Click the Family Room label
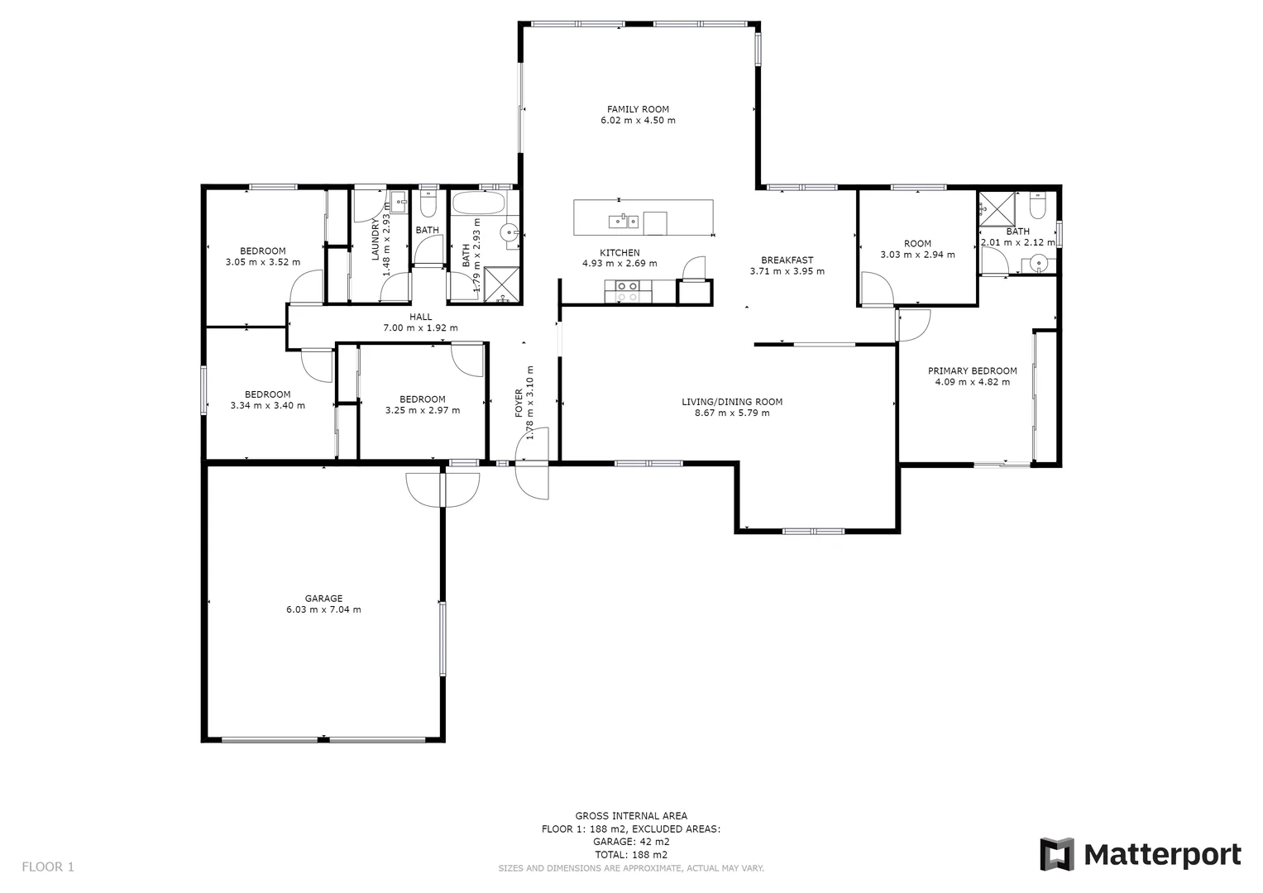[x=638, y=109]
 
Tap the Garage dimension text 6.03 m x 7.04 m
[x=323, y=610]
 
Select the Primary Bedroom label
[x=972, y=371]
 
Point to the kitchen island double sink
[x=623, y=221]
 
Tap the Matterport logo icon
[x=1056, y=854]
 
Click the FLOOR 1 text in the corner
[x=48, y=867]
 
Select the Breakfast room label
[x=787, y=260]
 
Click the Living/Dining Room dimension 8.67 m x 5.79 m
[x=732, y=413]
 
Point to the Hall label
[x=420, y=317]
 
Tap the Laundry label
[x=376, y=241]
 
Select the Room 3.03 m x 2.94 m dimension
[x=917, y=255]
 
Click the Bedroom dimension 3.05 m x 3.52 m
[x=262, y=263]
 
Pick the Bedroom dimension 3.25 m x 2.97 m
[x=423, y=410]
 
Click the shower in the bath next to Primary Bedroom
[x=997, y=208]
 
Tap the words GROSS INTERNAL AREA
[x=631, y=816]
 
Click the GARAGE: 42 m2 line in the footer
[x=631, y=842]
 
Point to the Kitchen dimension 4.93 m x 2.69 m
[x=620, y=264]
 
